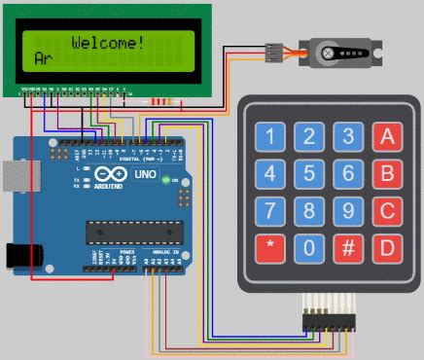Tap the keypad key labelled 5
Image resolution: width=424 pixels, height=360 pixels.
coord(309,175)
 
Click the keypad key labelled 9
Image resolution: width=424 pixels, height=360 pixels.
coord(348,211)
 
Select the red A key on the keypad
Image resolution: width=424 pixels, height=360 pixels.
coord(388,137)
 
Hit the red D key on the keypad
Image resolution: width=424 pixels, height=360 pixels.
coord(388,247)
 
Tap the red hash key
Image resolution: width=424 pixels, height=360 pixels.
coord(348,247)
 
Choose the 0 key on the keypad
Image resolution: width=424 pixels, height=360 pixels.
coord(309,247)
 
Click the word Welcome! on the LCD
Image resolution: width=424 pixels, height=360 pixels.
coord(108,43)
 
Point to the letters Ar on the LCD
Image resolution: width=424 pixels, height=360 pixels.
coord(43,59)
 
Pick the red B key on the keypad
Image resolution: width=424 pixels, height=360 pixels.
coord(388,175)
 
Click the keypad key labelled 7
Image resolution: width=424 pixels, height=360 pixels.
coord(270,211)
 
